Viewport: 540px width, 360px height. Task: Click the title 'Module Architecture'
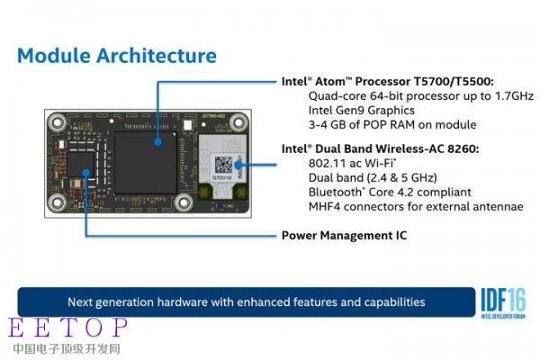pos(117,55)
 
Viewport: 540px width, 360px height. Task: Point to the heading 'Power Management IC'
pos(345,236)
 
